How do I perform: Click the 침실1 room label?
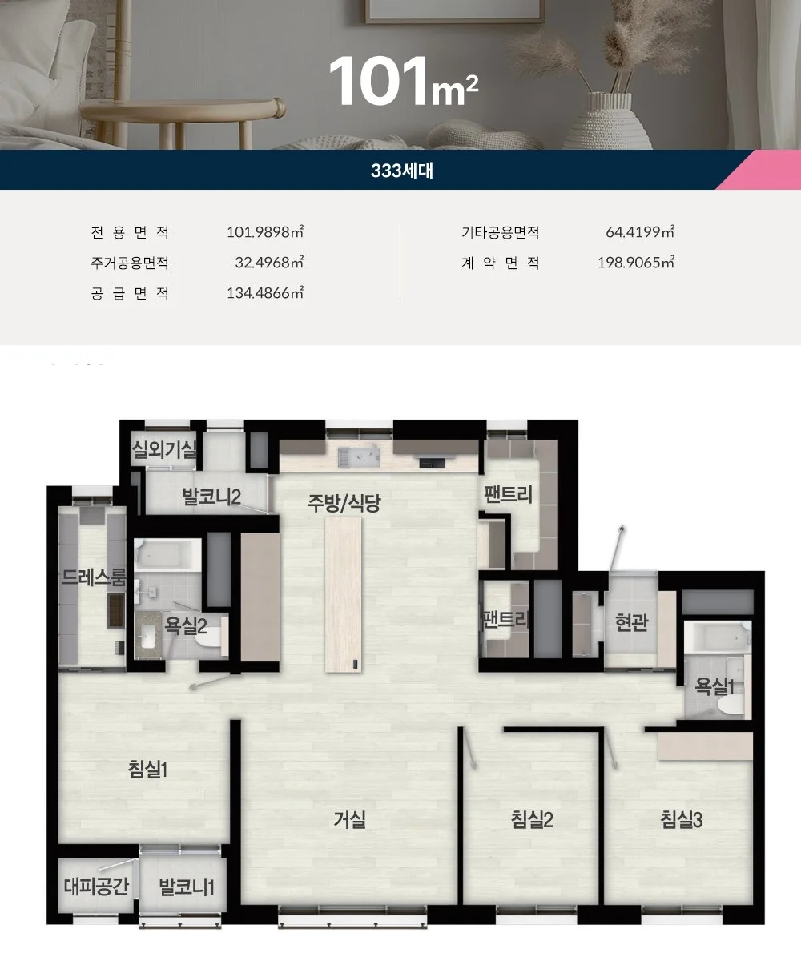pos(147,769)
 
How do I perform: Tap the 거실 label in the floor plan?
pos(350,820)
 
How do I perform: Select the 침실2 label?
pos(532,820)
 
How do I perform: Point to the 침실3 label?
pos(682,820)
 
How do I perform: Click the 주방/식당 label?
pos(344,503)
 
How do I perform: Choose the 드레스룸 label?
pos(94,577)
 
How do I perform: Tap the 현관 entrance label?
pos(632,622)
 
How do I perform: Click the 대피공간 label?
pos(96,886)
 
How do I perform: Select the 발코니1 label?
pos(187,887)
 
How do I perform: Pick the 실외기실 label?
pos(164,449)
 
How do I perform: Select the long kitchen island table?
pos(344,594)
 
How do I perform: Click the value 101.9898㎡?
pos(265,231)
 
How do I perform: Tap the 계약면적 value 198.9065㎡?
pos(636,263)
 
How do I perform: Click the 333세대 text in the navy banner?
pos(402,171)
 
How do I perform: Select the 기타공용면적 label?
pos(500,232)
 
